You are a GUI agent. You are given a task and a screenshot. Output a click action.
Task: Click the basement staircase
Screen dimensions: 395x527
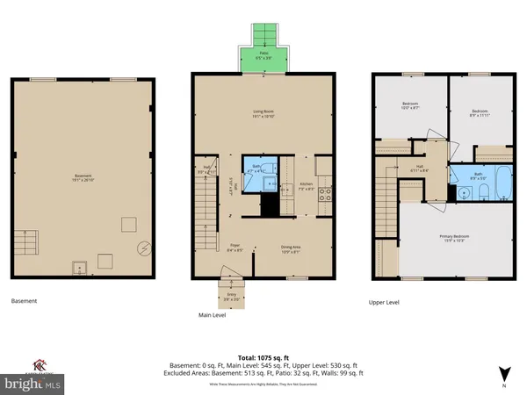click(x=26, y=239)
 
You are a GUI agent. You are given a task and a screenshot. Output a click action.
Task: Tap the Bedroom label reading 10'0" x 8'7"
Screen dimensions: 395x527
click(x=410, y=106)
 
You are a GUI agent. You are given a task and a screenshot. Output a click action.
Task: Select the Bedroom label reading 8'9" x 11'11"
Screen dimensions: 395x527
click(x=479, y=113)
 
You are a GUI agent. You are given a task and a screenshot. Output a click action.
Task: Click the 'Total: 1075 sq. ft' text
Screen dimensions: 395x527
click(x=263, y=357)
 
